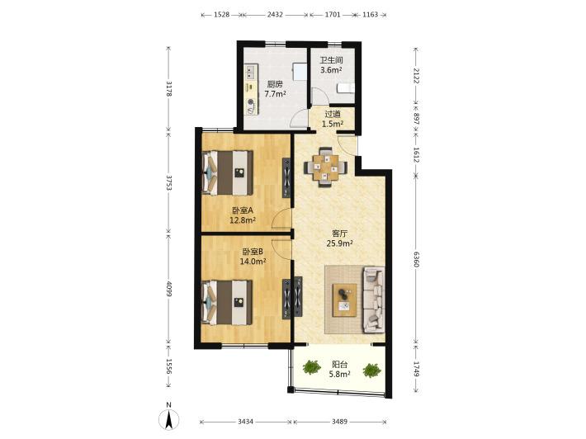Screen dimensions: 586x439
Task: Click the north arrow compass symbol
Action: (169, 419)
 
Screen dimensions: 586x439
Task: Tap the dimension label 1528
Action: (221, 15)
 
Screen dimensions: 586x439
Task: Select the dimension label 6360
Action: (417, 259)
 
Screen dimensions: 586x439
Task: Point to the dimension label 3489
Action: (339, 422)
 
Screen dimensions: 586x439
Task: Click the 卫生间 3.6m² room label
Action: (331, 65)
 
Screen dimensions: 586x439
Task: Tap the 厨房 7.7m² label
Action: (276, 89)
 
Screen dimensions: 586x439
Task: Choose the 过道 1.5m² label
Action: (333, 119)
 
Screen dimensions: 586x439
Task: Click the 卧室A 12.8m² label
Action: (243, 215)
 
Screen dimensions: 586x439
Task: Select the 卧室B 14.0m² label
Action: (253, 257)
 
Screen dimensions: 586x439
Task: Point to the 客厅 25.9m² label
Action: (340, 238)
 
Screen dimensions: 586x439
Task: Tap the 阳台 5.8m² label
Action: (339, 369)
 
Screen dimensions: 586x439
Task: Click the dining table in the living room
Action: (325, 167)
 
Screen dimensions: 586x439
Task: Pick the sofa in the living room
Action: (373, 300)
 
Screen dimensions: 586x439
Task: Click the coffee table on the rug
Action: (344, 300)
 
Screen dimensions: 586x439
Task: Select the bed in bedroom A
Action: (227, 172)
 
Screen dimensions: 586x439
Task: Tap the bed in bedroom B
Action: (227, 302)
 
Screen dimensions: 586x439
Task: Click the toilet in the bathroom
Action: (346, 88)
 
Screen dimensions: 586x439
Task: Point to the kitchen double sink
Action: (251, 72)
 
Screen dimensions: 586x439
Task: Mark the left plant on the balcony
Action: (311, 367)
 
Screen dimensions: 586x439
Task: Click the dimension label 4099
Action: (169, 289)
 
